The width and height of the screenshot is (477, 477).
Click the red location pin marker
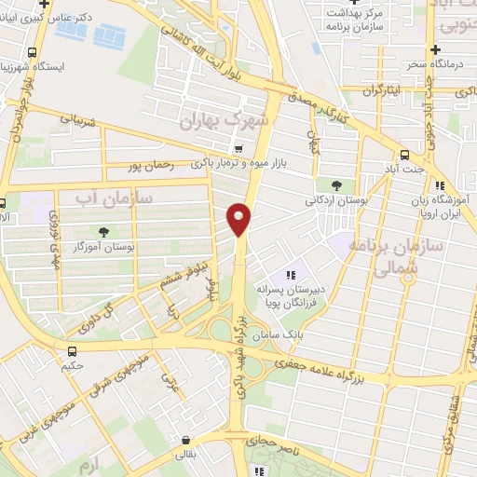[239, 218]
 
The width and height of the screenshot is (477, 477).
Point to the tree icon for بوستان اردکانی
[335, 185]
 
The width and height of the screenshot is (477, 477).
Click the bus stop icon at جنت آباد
[404, 156]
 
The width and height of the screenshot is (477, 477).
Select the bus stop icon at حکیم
[73, 351]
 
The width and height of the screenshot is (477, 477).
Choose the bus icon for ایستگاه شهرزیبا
[34, 53]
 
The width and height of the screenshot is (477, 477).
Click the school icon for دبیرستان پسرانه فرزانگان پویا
[291, 276]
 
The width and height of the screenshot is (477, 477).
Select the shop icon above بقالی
[186, 441]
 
